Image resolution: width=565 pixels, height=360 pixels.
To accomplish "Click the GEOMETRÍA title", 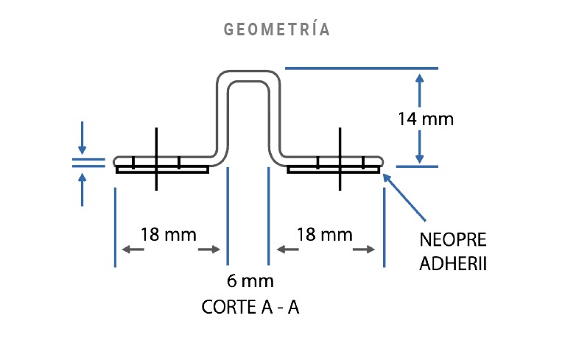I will pyautogui.click(x=276, y=30).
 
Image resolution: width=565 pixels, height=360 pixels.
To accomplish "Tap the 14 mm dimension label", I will pyautogui.click(x=425, y=118).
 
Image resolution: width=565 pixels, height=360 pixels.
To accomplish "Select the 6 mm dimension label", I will pyautogui.click(x=250, y=280).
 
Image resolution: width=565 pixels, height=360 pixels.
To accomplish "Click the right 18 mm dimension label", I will pyautogui.click(x=325, y=235).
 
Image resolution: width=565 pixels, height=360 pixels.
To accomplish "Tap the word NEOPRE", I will pyautogui.click(x=452, y=241).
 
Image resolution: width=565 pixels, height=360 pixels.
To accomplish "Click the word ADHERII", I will pyautogui.click(x=453, y=264).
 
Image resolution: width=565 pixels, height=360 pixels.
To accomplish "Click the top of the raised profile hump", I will pyautogui.click(x=249, y=74).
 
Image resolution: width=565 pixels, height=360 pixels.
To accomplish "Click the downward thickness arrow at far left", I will pyautogui.click(x=82, y=147).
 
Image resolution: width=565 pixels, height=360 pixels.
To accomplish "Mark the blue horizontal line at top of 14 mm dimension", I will pyautogui.click(x=361, y=68).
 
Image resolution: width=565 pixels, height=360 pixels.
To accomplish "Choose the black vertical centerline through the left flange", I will pyautogui.click(x=157, y=158).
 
